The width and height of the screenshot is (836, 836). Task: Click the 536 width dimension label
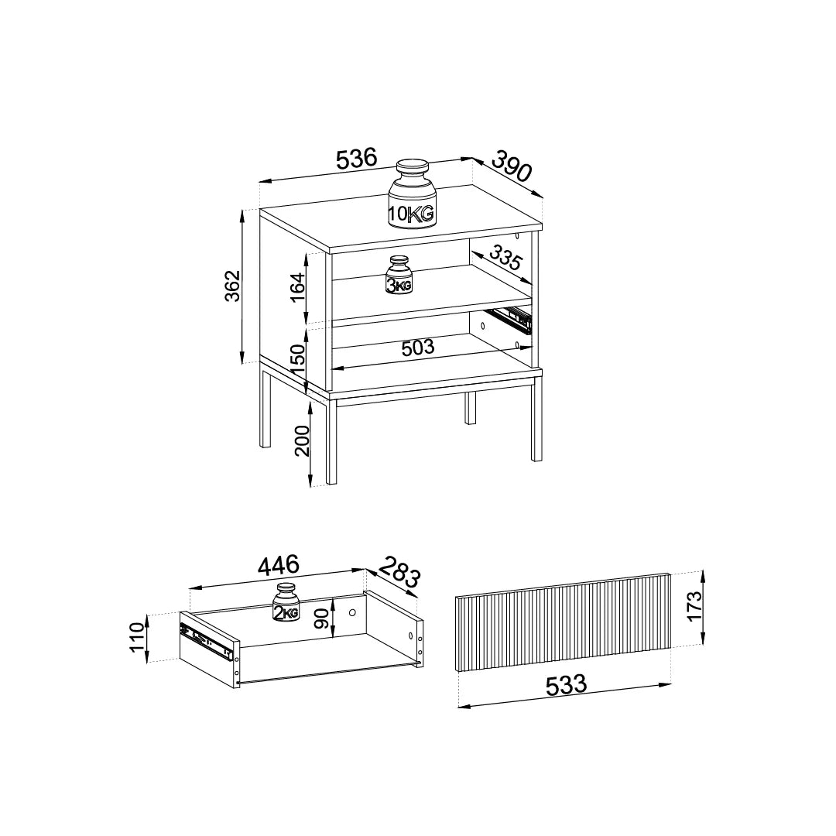click(357, 159)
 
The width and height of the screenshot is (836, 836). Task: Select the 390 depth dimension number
click(512, 166)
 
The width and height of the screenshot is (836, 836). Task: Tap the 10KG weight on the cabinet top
click(412, 194)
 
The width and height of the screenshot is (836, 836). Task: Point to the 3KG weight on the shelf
click(399, 275)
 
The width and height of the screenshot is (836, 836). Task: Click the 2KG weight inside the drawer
click(286, 602)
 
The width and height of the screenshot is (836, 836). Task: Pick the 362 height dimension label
click(233, 286)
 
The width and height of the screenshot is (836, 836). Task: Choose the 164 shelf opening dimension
click(297, 288)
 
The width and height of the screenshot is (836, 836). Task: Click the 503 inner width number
click(418, 348)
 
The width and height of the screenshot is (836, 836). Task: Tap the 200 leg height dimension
click(302, 440)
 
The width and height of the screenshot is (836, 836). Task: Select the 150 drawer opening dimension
click(297, 359)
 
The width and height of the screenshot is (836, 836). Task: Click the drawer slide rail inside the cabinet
click(511, 319)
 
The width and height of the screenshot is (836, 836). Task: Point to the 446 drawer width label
click(279, 566)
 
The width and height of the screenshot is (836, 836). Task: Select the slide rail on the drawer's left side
click(208, 640)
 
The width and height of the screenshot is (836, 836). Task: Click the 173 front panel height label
click(694, 606)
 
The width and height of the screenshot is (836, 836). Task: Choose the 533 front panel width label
click(566, 685)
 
